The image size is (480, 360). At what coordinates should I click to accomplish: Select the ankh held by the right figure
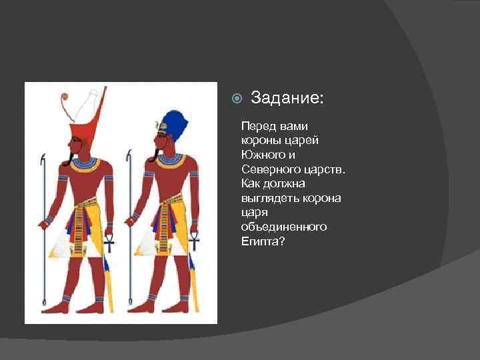[x=195, y=238]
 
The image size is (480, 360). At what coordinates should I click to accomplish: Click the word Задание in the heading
[x=286, y=99]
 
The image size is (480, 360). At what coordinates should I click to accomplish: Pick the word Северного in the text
[x=269, y=169]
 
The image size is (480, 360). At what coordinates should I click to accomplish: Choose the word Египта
[x=263, y=241]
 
